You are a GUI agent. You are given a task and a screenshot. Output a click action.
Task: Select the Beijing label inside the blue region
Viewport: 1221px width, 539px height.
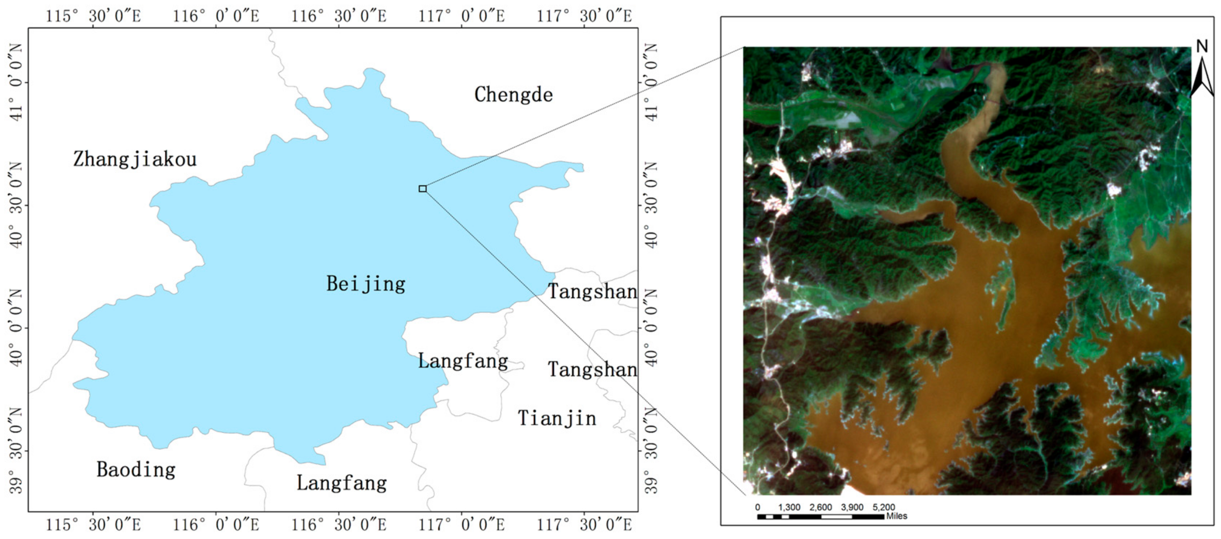point(365,284)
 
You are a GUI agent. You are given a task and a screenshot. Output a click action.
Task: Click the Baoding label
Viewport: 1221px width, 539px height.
point(136,470)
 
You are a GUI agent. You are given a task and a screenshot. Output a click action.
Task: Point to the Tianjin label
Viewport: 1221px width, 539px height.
point(557,418)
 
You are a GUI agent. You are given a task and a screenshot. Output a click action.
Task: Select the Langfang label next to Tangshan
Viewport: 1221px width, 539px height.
point(463,361)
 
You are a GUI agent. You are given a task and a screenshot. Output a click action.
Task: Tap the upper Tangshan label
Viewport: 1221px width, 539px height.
point(592,292)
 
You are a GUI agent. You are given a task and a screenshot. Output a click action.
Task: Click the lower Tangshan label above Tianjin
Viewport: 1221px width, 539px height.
point(592,369)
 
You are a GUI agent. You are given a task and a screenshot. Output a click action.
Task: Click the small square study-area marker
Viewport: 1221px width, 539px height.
point(422,189)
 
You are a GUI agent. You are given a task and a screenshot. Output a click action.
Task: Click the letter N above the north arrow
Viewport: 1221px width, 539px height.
point(1201,46)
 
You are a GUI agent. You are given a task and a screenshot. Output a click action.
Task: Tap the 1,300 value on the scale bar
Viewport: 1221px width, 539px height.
point(789,507)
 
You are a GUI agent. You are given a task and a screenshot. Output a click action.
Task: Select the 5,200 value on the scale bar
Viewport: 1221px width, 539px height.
point(884,507)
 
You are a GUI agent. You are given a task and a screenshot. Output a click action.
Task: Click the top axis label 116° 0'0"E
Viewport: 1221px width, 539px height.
point(216,16)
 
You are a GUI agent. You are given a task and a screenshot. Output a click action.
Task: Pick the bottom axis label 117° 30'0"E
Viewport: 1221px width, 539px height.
point(584,525)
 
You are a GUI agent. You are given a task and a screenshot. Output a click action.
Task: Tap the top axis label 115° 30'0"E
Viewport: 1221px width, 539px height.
point(93,16)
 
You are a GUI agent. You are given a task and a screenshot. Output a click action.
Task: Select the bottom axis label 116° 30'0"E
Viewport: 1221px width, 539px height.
point(339,525)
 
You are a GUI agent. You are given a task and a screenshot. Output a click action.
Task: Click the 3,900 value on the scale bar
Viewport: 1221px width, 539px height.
point(852,507)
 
